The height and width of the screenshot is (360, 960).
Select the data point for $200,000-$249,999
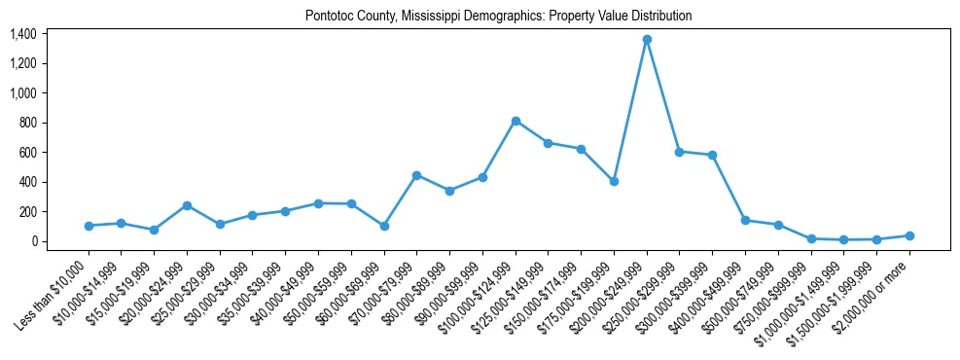pos(647,40)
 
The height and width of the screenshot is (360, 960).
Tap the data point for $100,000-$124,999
pos(516,121)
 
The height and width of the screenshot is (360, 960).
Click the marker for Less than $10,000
pos(89,226)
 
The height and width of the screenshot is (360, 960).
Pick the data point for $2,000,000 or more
pos(909,235)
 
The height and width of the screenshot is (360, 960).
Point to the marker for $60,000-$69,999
pos(384,226)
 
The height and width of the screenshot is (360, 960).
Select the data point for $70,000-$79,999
pos(416,175)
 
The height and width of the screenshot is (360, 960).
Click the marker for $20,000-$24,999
pos(187,205)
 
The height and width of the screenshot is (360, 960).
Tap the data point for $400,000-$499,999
pos(745,221)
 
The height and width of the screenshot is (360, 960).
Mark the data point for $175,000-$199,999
pos(614,181)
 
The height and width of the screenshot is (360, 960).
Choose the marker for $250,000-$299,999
pos(679,152)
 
